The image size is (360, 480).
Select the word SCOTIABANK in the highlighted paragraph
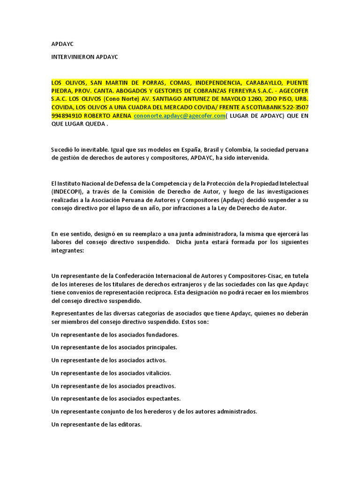tap(257, 107)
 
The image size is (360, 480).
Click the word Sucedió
tap(63, 150)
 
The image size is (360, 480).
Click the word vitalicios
tap(158, 373)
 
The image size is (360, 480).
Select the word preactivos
tap(160, 386)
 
